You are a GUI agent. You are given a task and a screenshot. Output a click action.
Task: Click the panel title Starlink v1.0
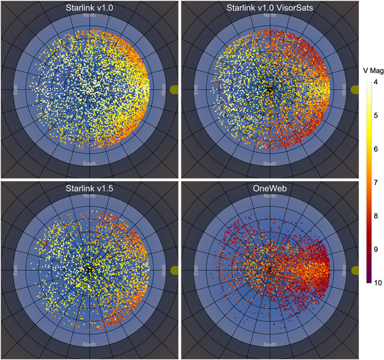tap(89, 8)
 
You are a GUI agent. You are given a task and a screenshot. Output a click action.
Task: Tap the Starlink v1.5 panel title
tap(89, 188)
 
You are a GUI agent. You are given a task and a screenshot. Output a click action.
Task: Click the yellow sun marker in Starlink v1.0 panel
tap(175, 89)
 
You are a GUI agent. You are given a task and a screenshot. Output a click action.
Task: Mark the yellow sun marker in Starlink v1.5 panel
tap(175, 270)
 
